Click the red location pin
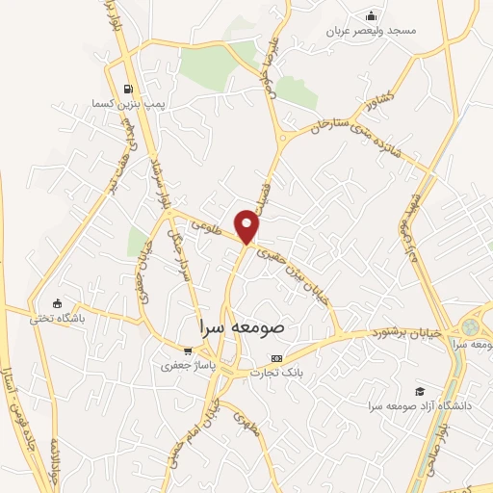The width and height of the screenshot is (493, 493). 248,227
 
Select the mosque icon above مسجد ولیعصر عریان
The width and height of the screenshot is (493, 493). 372,15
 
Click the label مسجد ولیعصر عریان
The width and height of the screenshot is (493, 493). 372,31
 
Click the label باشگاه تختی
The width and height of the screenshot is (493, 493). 56,317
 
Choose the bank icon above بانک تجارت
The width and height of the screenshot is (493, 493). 277,357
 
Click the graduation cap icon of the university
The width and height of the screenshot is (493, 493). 420,390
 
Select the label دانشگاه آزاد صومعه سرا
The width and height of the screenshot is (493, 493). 417,405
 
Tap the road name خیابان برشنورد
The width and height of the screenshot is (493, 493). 404,333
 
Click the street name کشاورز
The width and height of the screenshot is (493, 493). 374,100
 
